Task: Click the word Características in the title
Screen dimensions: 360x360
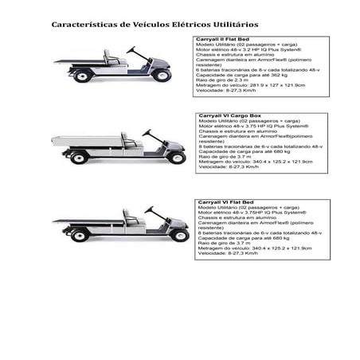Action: pos(83,25)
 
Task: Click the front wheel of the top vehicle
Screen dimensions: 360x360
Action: pos(164,76)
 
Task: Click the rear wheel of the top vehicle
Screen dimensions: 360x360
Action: pos(82,76)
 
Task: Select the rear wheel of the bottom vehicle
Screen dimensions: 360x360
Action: pos(79,236)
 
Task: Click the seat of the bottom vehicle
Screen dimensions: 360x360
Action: pos(128,217)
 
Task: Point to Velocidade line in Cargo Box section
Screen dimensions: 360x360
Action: pos(229,167)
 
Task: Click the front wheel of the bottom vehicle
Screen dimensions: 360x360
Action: pos(180,235)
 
